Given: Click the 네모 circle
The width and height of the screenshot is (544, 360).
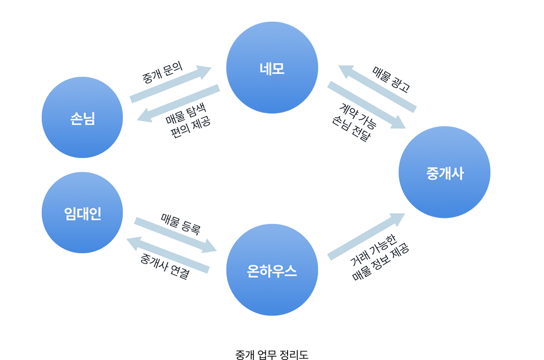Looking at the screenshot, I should point(272,68).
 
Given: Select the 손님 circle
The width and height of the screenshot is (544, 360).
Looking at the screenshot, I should point(82,117).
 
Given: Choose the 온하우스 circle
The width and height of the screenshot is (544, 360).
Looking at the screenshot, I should point(272,270).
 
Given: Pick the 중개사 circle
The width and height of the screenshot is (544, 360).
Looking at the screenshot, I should point(444,172).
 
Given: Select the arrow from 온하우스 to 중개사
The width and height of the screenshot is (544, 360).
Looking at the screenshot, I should point(366,236).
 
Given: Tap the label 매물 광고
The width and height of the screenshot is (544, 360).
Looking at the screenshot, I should point(391,78).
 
